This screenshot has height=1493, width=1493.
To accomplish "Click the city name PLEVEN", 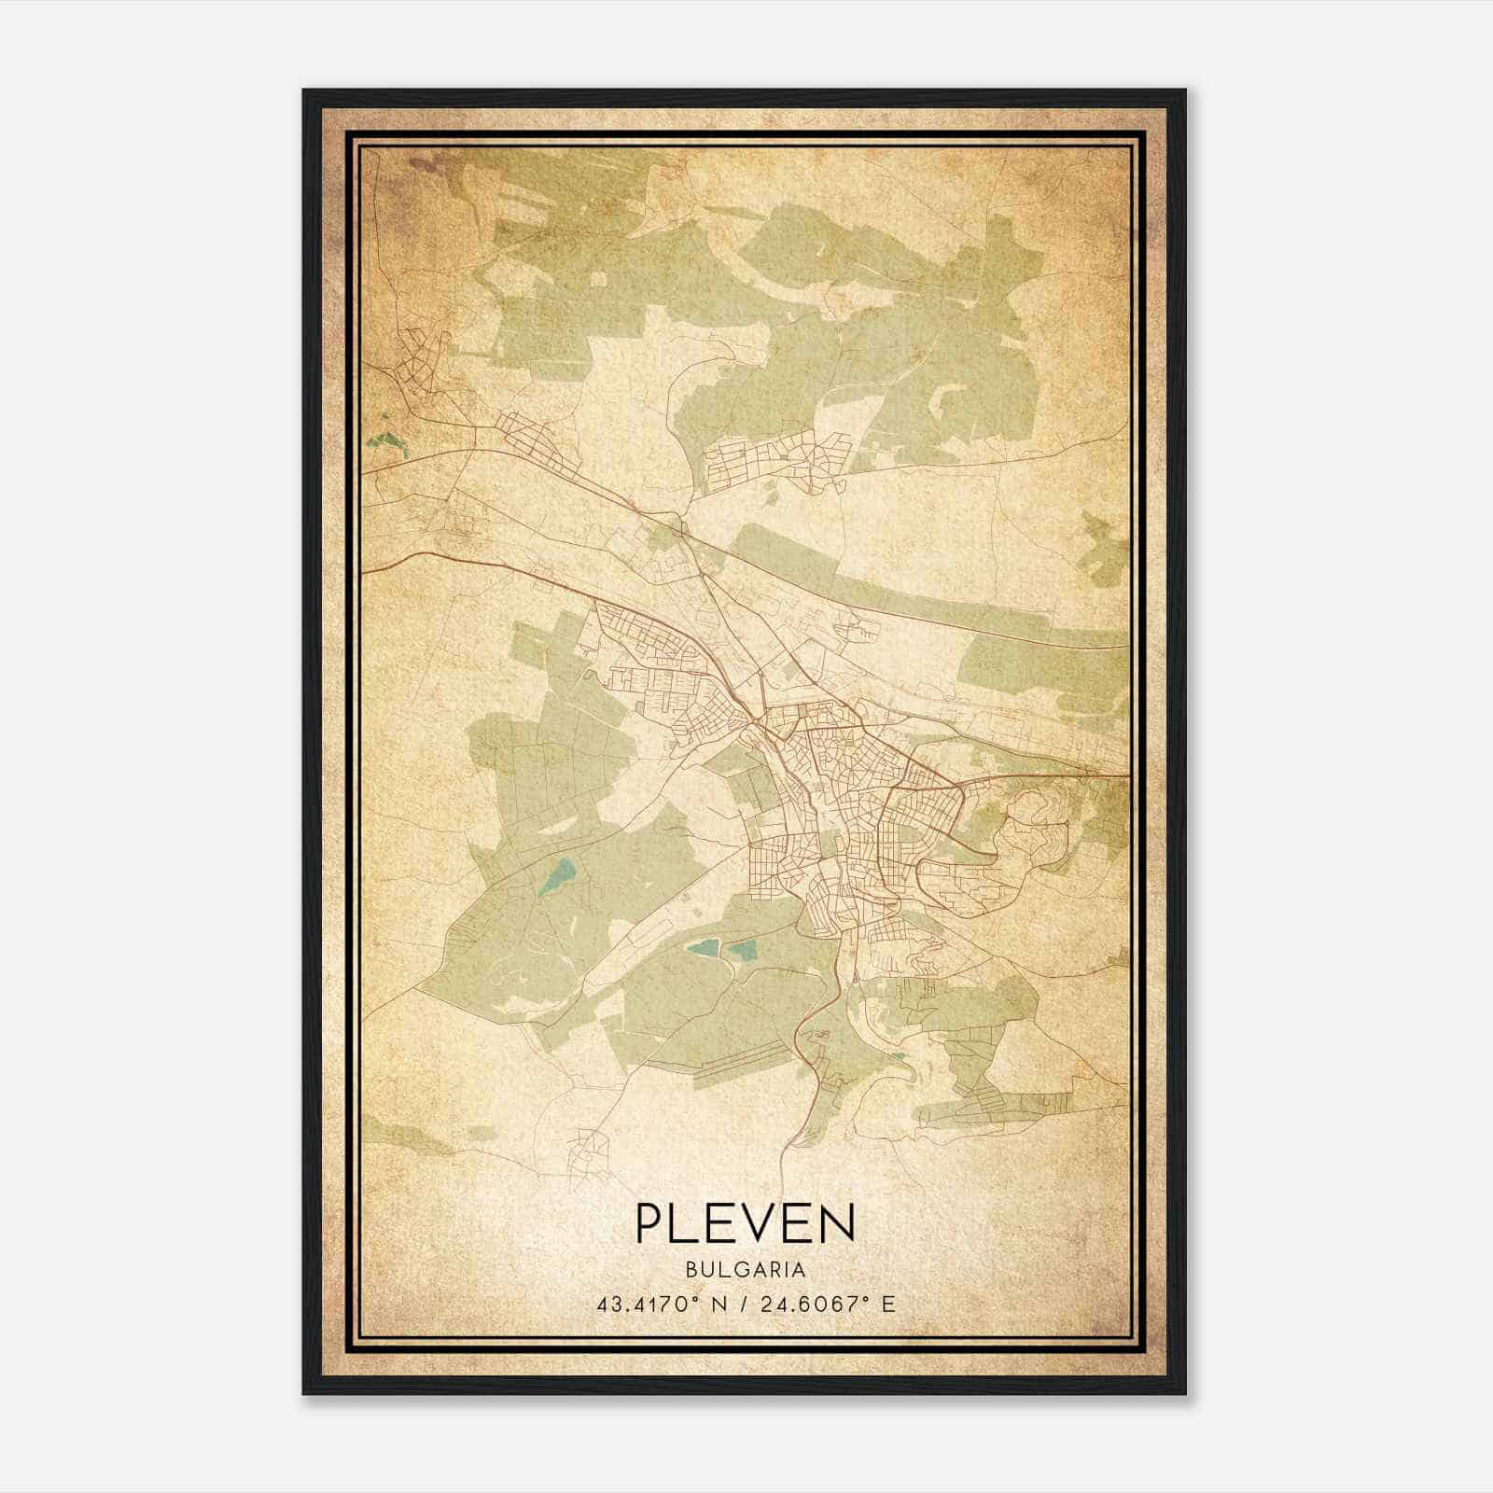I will click(x=745, y=1222).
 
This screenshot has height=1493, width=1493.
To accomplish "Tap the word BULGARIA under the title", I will click(x=745, y=1270).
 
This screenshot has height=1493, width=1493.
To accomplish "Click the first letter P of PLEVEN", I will click(x=649, y=1222).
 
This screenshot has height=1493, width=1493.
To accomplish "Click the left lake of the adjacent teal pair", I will click(x=703, y=949).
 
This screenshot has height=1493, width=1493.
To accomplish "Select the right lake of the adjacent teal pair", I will click(x=742, y=953).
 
